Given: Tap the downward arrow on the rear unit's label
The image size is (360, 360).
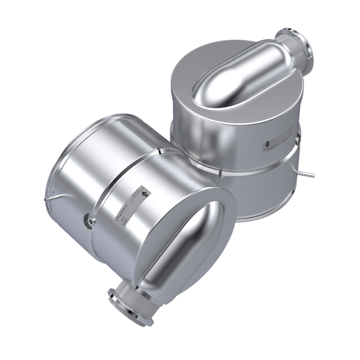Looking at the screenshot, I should coord(265,143).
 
